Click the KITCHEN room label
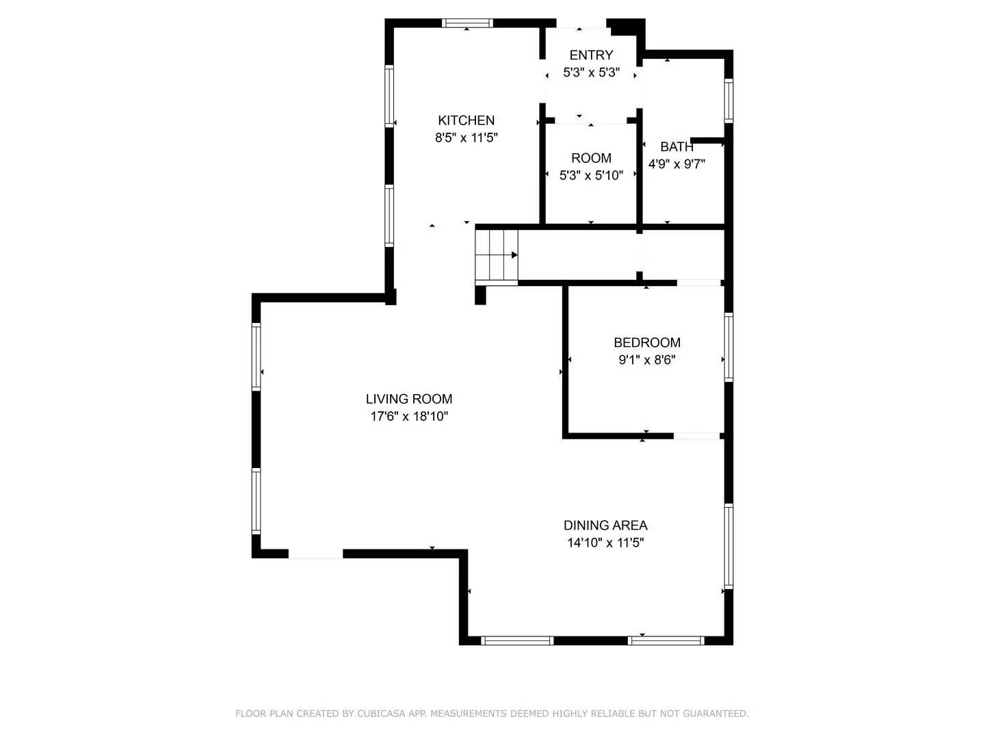click(466, 120)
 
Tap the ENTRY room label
click(591, 55)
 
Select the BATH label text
click(677, 146)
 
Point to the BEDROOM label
click(646, 343)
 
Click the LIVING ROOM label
click(408, 399)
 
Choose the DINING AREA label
click(605, 526)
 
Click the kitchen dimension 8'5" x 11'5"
click(466, 138)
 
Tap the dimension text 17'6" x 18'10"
click(408, 416)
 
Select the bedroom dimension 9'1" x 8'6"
click(646, 360)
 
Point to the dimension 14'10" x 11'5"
click(605, 543)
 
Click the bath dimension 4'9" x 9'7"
click(677, 164)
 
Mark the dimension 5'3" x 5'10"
click(591, 175)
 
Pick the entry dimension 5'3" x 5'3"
click(591, 73)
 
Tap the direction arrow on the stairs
click(514, 255)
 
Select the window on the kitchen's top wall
click(468, 23)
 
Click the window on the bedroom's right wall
click(728, 346)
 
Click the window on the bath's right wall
click(728, 101)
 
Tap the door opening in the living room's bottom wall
click(315, 554)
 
